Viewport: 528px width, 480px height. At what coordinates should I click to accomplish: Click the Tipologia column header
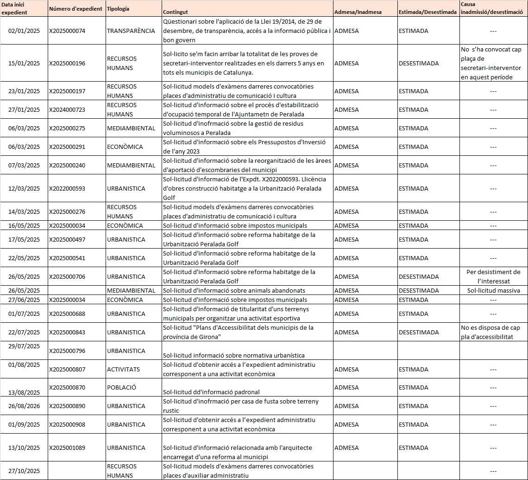pos(118,9)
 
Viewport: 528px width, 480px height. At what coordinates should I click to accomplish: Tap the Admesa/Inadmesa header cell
pos(358,12)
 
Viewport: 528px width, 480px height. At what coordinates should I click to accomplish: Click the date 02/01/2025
pos(24,31)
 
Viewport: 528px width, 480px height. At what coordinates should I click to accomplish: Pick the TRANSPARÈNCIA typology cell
pos(131,31)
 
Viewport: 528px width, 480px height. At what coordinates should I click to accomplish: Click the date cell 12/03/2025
pos(24,189)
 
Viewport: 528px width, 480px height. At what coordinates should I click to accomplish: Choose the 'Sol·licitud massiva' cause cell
pos(493,291)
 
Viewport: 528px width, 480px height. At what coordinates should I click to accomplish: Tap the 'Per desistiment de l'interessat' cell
pos(493,276)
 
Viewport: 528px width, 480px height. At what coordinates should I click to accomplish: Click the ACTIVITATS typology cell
pos(123,369)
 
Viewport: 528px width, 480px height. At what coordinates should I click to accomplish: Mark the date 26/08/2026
pos(24,406)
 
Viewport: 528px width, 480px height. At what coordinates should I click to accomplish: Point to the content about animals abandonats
pos(234,291)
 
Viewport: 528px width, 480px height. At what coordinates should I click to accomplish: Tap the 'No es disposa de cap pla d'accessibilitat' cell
pos(493,332)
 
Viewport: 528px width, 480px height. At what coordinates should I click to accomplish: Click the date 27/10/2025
pos(24,471)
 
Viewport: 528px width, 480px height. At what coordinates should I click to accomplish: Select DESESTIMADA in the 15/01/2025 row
pos(418,64)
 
